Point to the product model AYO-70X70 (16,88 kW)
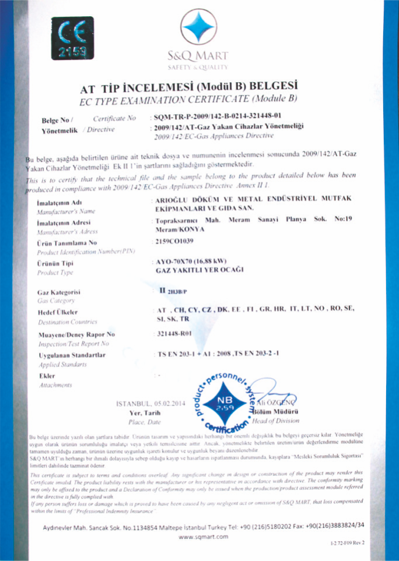tap(192, 261)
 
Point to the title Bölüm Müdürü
tap(276, 412)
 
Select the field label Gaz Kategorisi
tap(59, 291)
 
